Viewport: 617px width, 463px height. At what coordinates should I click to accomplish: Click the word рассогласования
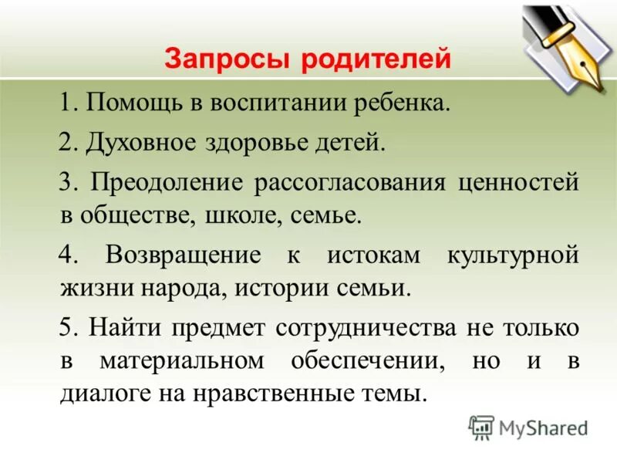pyautogui.click(x=352, y=184)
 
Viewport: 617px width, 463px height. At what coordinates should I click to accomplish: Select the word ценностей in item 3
pyautogui.click(x=518, y=184)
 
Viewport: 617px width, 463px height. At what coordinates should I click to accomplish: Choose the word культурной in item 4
pyautogui.click(x=513, y=255)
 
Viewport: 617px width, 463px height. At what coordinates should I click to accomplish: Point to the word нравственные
pyautogui.click(x=291, y=394)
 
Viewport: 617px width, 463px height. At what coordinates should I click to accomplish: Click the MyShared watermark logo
pyautogui.click(x=528, y=427)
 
